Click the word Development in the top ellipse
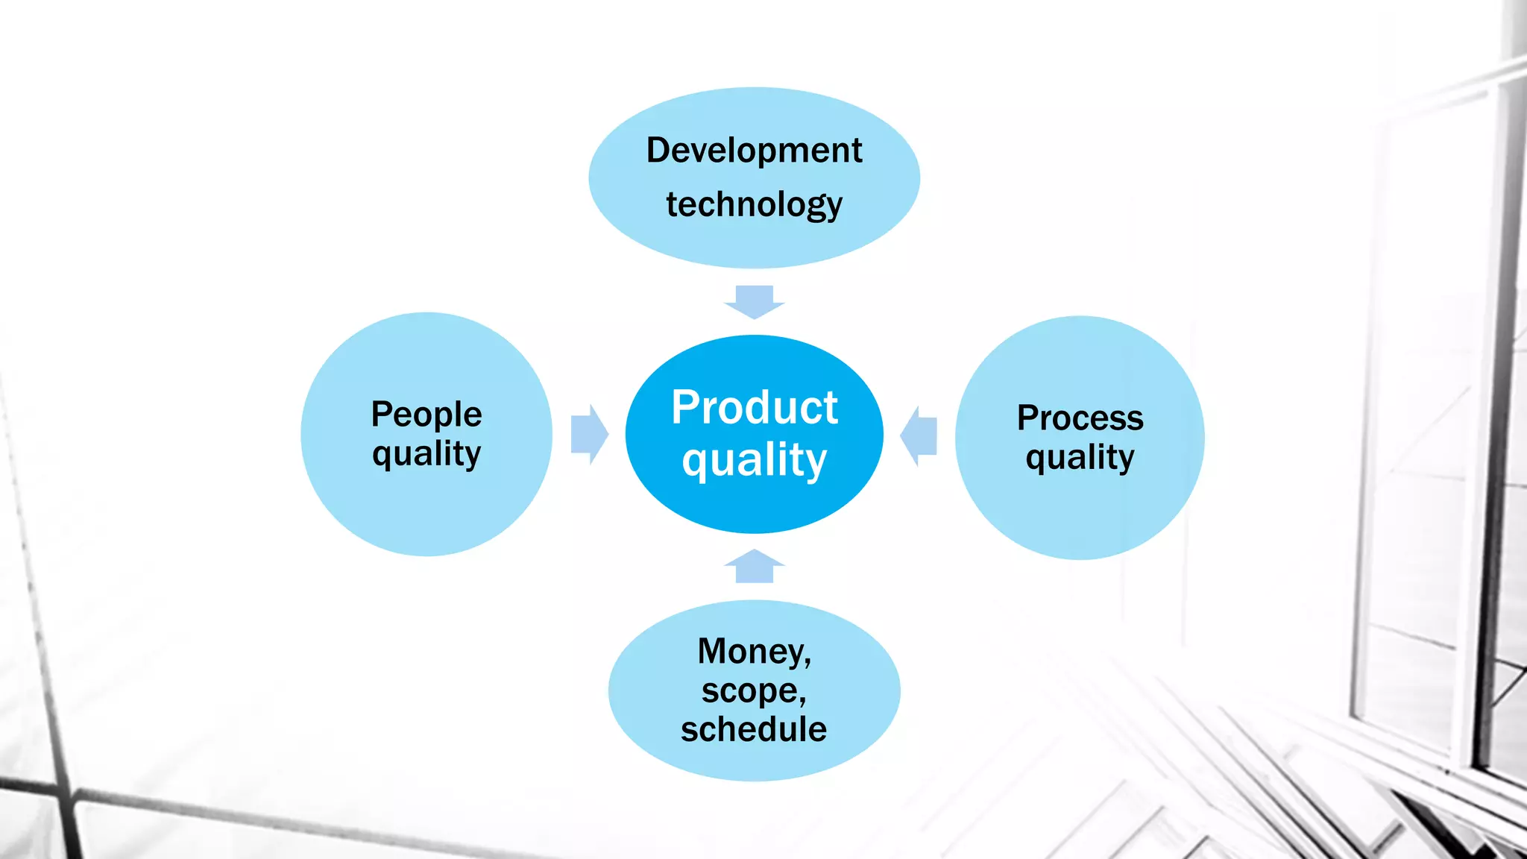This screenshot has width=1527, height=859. point(754,151)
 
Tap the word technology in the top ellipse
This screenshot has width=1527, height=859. point(754,204)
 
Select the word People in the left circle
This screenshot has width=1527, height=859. point(426,415)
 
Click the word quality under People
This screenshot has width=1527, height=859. point(426,453)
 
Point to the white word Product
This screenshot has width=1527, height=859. point(754,408)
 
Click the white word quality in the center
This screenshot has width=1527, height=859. point(754,459)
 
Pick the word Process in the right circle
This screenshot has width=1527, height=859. point(1080,418)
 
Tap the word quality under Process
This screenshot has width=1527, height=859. point(1080,457)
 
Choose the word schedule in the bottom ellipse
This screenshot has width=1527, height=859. point(754,729)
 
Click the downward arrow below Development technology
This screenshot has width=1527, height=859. point(754,301)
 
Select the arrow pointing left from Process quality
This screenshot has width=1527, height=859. point(919,435)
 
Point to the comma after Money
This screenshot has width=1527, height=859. point(807,662)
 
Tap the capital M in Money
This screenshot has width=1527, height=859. point(714,651)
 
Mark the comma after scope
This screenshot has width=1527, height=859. point(802,701)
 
